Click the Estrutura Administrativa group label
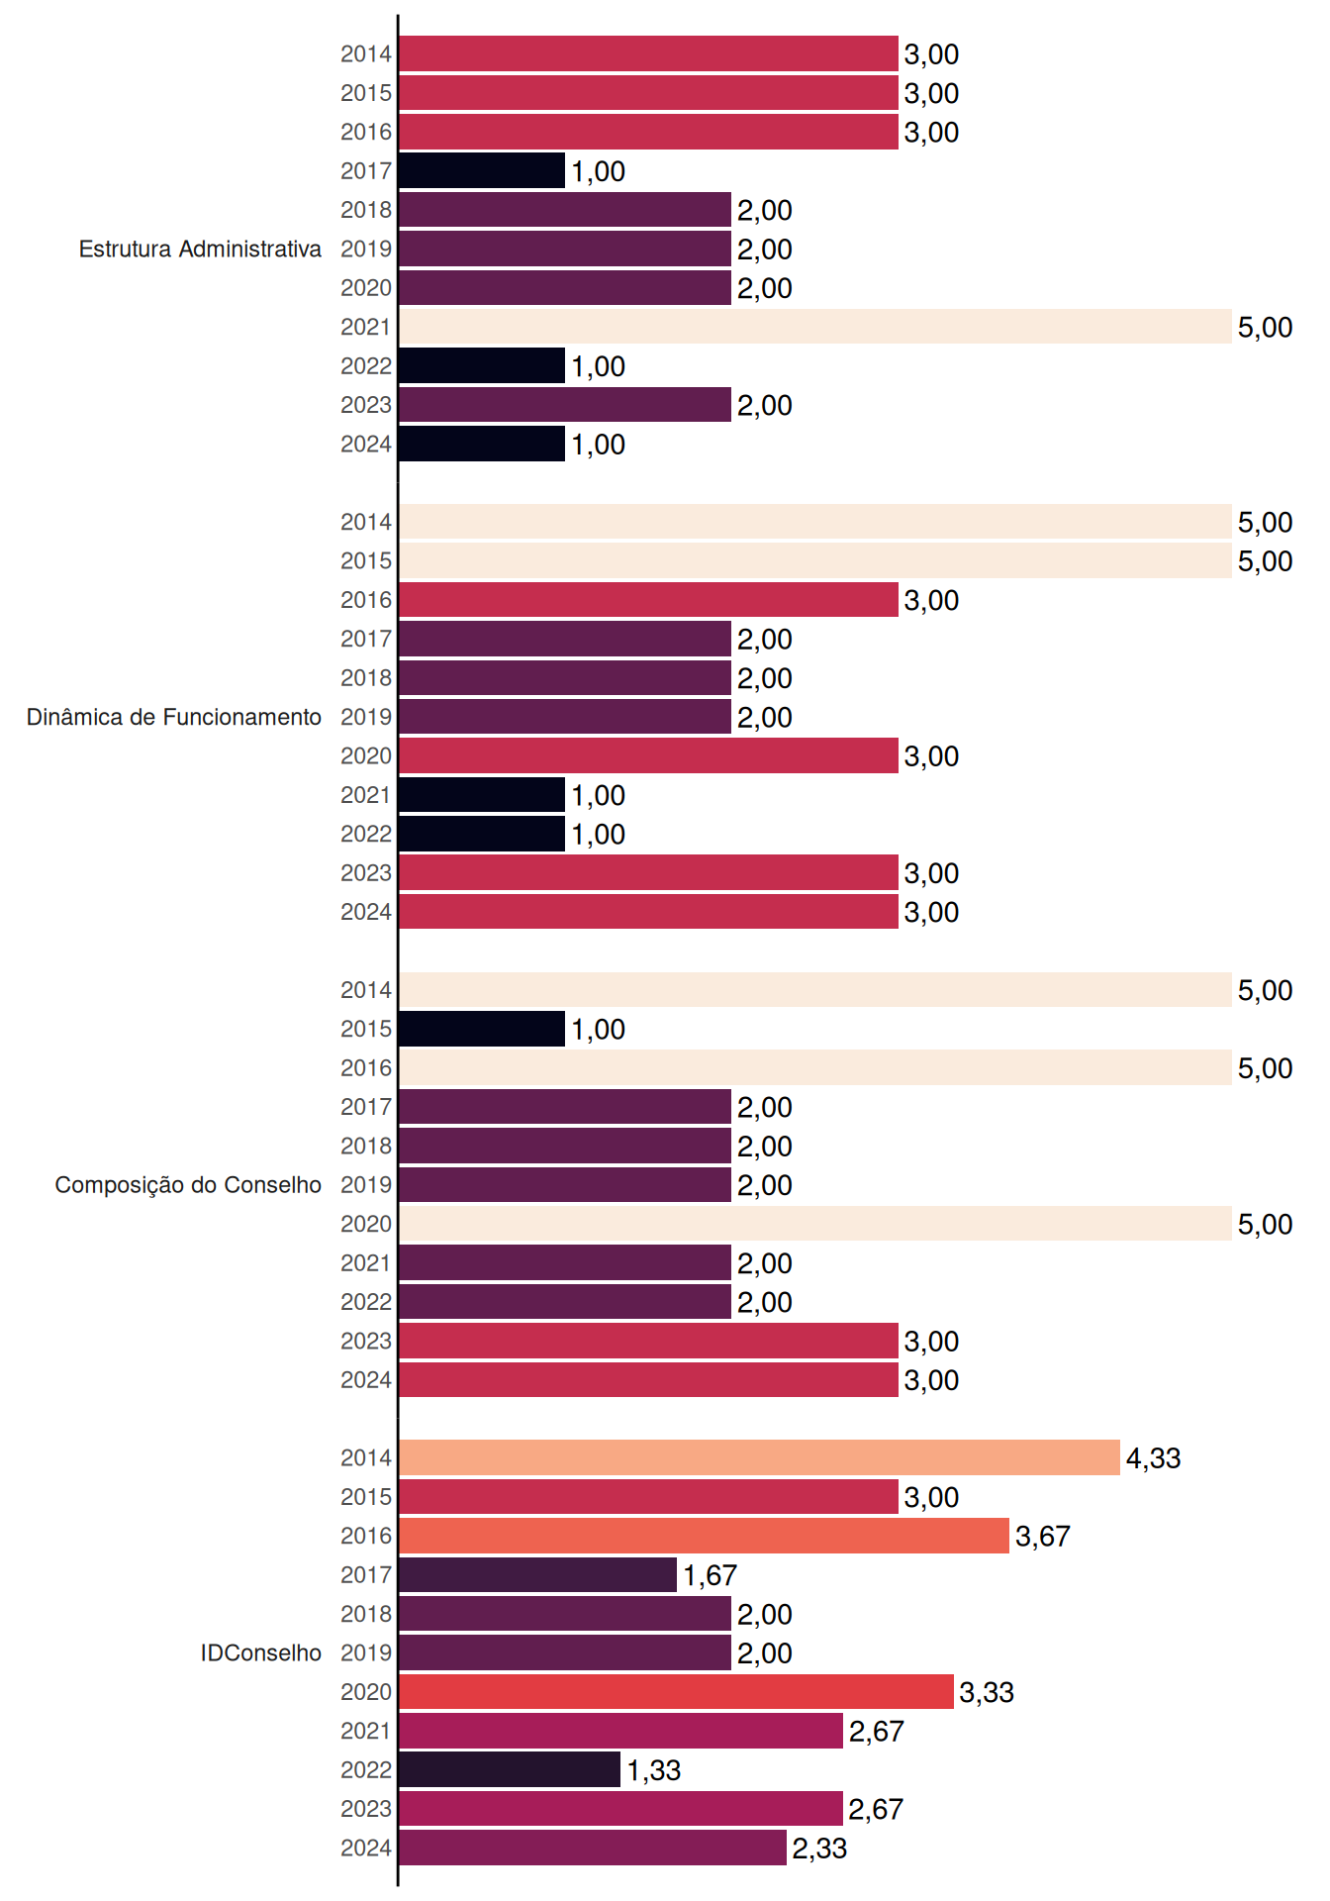tap(200, 249)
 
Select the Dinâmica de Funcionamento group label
tap(174, 717)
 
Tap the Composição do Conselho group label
tap(188, 1185)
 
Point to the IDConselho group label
tap(261, 1652)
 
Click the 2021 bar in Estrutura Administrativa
tap(815, 327)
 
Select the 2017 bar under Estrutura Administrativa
tap(482, 170)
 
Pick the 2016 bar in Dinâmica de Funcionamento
tap(649, 600)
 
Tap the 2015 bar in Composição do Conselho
tap(482, 1029)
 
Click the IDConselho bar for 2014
tap(760, 1457)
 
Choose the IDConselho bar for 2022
tap(510, 1769)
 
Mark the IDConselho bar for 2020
tap(677, 1692)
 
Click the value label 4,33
tap(1154, 1458)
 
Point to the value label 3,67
tap(1043, 1537)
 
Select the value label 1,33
tap(654, 1770)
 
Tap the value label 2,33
tap(820, 1849)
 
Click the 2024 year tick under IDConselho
tap(366, 1848)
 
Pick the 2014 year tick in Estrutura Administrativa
tap(366, 53)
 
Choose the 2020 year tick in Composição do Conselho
tap(366, 1224)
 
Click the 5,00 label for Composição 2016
tap(1266, 1068)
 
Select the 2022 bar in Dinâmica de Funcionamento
tap(482, 834)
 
